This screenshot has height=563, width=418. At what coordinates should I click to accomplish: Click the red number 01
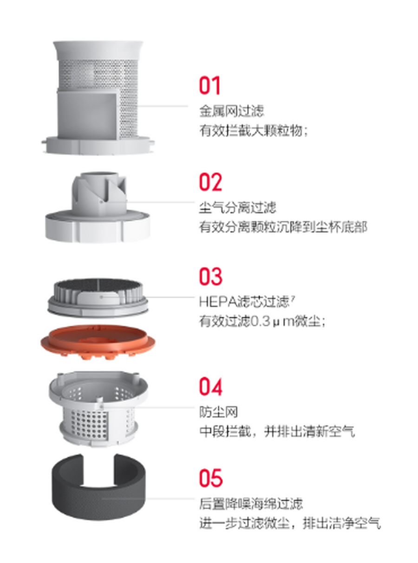coord(209,85)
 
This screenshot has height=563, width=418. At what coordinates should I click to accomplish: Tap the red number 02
coord(210,182)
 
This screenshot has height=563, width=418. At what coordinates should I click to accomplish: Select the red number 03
coord(210,276)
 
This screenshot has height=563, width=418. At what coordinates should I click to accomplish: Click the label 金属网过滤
coord(232,111)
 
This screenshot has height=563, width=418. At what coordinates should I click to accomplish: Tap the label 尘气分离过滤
coord(237,207)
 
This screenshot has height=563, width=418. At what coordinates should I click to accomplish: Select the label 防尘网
coord(219,412)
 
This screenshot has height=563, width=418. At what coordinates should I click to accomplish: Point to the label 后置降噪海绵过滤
coord(251,504)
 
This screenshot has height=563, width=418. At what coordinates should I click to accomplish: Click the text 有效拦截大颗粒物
coord(251,131)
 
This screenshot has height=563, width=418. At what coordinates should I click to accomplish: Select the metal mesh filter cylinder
coord(98,98)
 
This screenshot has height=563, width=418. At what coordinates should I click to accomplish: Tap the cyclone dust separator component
coord(98,208)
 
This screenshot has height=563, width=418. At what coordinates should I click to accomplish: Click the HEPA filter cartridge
coord(98,298)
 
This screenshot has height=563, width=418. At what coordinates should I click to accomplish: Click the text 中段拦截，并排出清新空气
coord(277,431)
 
